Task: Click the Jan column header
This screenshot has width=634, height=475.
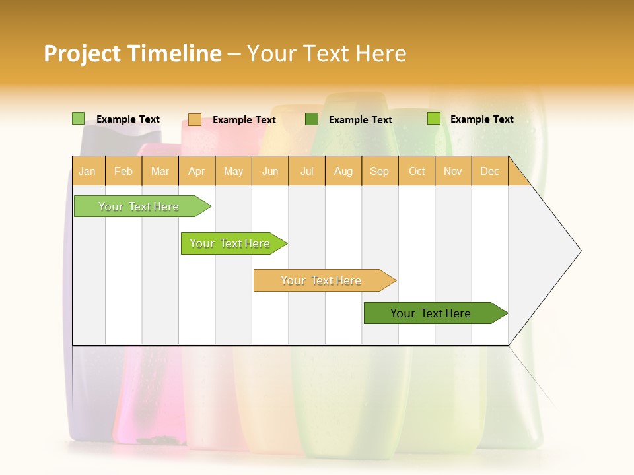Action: point(87,171)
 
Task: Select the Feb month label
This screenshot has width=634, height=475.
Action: point(123,171)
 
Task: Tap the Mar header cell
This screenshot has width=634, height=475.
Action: point(160,171)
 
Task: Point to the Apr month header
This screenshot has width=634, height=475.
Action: point(196,171)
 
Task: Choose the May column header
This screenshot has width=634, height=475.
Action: point(233,171)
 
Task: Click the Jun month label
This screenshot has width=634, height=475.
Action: point(270,171)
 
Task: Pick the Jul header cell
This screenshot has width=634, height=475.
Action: point(306,171)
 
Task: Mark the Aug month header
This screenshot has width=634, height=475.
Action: point(343,171)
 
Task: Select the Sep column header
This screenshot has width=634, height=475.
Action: point(379,171)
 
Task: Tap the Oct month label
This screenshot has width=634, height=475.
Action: point(417,171)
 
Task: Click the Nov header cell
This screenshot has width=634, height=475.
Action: point(452,171)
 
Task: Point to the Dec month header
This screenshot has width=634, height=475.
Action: point(489,171)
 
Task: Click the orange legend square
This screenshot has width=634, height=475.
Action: point(194,119)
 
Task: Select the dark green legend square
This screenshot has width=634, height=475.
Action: point(312,119)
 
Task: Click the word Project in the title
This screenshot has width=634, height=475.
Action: point(82,53)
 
